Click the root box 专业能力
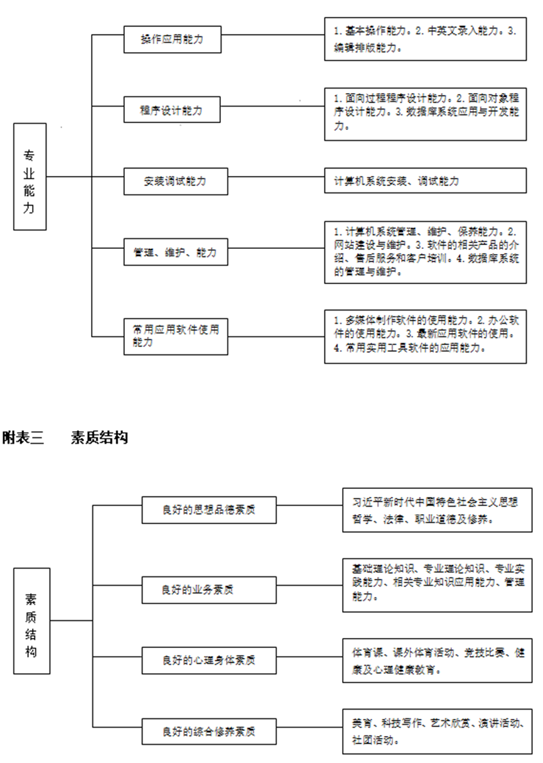[x=30, y=177]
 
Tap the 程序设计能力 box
[x=172, y=110]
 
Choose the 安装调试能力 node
[x=175, y=181]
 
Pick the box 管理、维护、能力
[x=175, y=252]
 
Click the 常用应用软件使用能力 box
[x=175, y=336]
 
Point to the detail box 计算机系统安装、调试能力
[x=425, y=181]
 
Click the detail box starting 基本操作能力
[x=425, y=39]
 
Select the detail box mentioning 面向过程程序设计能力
[x=425, y=113]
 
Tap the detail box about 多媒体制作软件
[x=425, y=336]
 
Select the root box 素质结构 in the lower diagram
[x=31, y=621]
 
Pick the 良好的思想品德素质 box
[x=209, y=510]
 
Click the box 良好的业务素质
[x=209, y=590]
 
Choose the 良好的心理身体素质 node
[x=209, y=660]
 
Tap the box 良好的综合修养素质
[x=209, y=732]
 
